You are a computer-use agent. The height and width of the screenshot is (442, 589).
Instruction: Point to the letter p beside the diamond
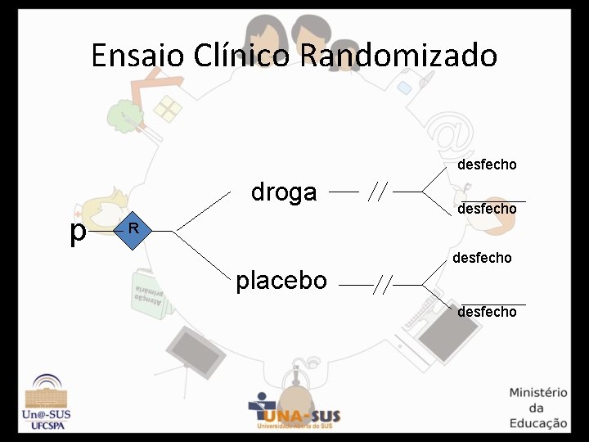click(x=78, y=232)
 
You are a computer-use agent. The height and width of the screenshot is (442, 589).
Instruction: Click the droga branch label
click(x=284, y=192)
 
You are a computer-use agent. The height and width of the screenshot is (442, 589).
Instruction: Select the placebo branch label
click(x=281, y=281)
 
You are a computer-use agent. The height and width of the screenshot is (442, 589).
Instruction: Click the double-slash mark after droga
click(x=377, y=192)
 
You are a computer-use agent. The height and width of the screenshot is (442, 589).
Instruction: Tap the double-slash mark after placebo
click(x=383, y=285)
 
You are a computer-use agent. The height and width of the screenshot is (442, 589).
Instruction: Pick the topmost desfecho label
click(x=487, y=165)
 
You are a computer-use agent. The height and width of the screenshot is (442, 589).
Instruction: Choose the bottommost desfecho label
click(x=487, y=312)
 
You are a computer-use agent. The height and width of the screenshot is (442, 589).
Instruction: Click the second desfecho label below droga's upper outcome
click(x=487, y=209)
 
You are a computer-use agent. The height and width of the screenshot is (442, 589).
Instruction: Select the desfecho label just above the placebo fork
click(x=482, y=258)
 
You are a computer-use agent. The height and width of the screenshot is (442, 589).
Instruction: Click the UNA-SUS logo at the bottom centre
click(x=294, y=411)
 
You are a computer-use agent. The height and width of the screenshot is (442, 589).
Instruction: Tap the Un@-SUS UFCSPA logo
click(x=51, y=403)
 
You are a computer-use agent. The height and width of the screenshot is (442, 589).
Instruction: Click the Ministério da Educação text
click(x=537, y=408)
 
